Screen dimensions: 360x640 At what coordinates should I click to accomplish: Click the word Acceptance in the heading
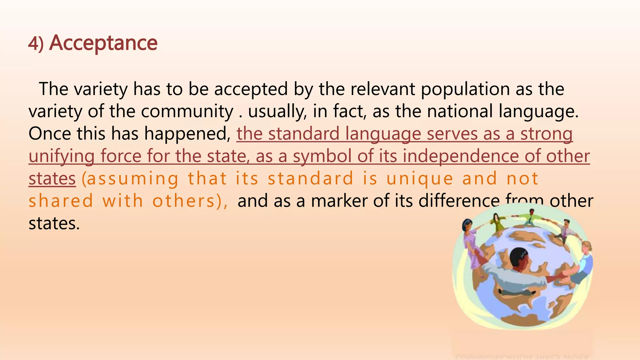(103, 43)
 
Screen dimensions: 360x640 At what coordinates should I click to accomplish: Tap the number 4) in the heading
(36, 44)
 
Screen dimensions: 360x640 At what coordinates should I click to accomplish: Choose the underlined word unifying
(61, 156)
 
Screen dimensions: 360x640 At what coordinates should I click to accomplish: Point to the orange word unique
(420, 179)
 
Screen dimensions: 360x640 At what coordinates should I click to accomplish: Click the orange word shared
(61, 201)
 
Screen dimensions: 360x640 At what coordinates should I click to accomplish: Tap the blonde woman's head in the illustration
(587, 246)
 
